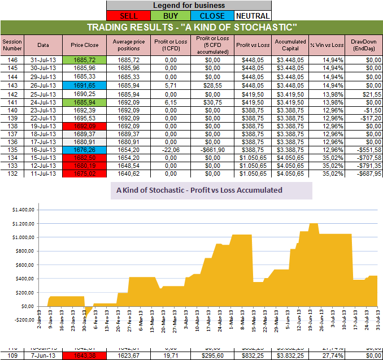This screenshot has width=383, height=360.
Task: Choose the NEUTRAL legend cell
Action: (253, 16)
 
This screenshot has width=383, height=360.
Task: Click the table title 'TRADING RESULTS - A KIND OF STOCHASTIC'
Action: (191, 27)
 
